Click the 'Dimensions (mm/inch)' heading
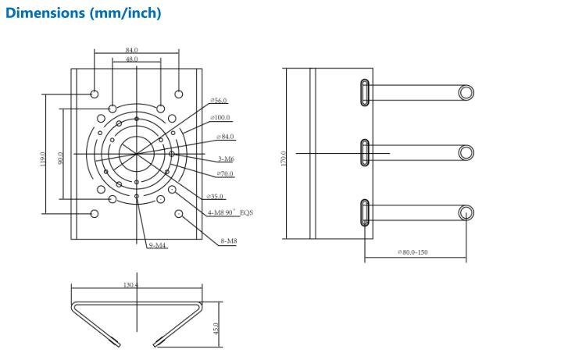84,13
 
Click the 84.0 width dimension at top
131,50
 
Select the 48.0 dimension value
131,59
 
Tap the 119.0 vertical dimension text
43,159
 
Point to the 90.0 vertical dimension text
60,158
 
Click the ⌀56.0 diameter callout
219,100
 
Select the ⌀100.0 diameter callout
220,118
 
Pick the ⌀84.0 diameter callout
225,137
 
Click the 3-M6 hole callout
226,159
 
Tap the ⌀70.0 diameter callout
225,174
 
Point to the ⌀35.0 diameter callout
215,196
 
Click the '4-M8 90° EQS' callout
230,212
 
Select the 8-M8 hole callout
229,241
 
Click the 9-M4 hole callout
157,245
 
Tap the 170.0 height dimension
284,159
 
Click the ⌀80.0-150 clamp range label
413,252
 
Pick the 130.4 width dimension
130,285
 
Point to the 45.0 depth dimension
216,329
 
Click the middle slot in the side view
365,152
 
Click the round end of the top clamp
466,93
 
